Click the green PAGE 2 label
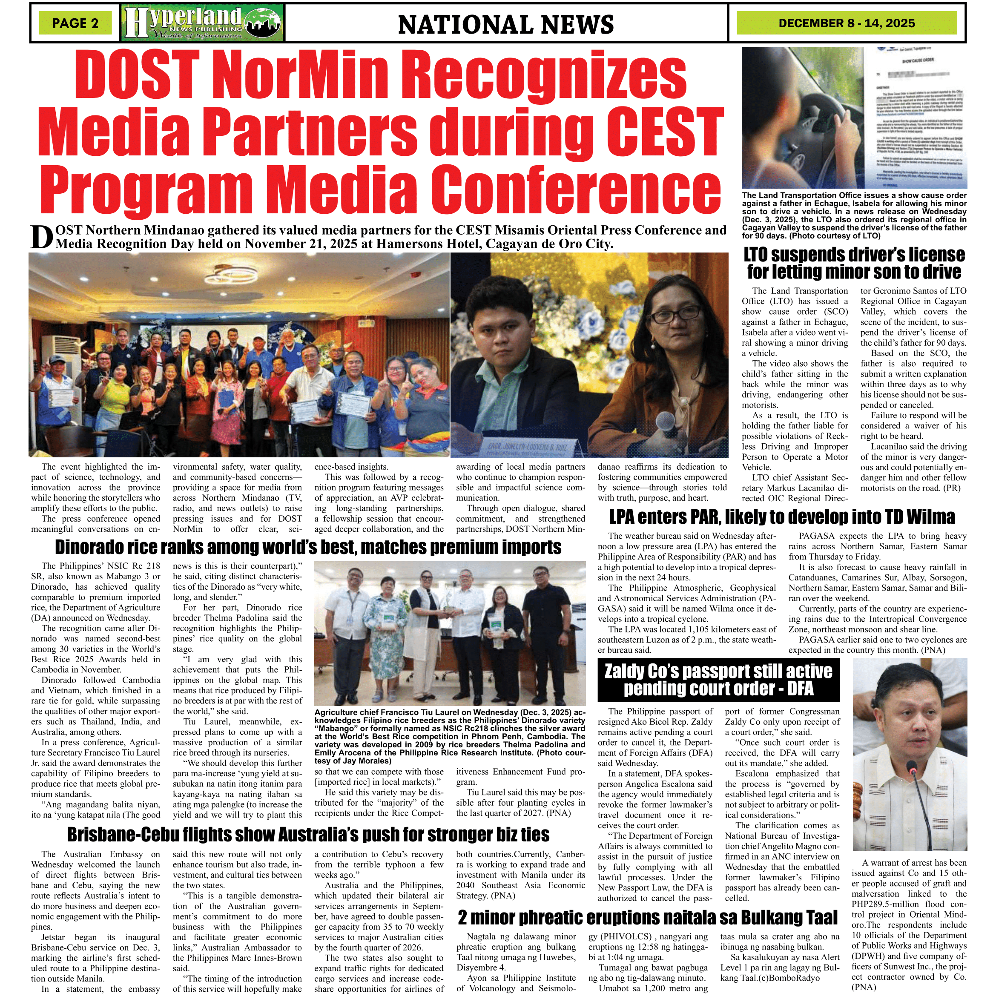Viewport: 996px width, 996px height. (75, 23)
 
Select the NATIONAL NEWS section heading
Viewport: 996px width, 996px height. (506, 25)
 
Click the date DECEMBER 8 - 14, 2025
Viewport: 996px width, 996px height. (847, 23)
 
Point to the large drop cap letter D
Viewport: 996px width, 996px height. (41, 238)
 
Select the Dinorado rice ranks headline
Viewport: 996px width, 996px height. (308, 547)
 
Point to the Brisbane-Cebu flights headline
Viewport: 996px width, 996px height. (308, 835)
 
